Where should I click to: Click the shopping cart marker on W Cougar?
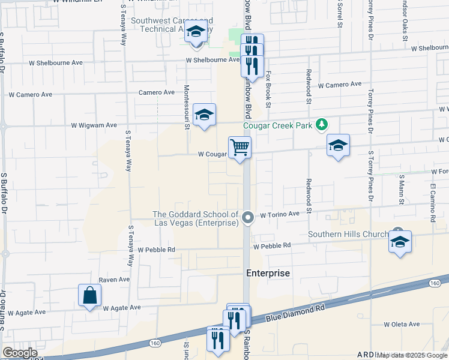point(240,147)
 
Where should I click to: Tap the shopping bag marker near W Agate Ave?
point(89,295)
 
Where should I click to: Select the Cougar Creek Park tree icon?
point(323,124)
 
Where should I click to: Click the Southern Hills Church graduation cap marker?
point(400,241)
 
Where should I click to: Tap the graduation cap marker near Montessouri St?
point(204,115)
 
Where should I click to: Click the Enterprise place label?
point(268,273)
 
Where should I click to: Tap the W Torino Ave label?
point(279,214)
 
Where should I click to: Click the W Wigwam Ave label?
point(94,125)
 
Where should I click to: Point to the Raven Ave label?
point(114,280)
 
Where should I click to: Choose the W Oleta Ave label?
point(402,324)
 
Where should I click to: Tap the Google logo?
point(20,353)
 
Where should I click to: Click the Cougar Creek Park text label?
point(278,125)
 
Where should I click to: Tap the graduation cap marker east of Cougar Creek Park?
point(338,146)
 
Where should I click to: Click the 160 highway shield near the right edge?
point(436,283)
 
